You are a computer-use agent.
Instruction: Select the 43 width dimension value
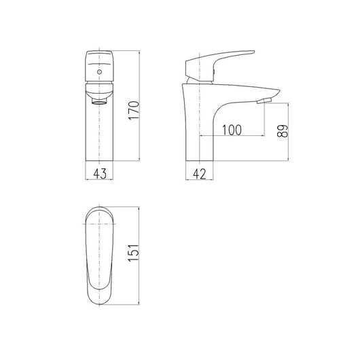(x=100, y=174)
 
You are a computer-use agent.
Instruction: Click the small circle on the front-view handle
(x=100, y=70)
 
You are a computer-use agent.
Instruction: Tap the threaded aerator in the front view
(x=100, y=99)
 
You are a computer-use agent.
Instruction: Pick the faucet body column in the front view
(x=100, y=132)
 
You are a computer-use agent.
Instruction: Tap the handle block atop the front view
(x=100, y=65)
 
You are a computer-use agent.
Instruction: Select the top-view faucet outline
(x=100, y=258)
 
